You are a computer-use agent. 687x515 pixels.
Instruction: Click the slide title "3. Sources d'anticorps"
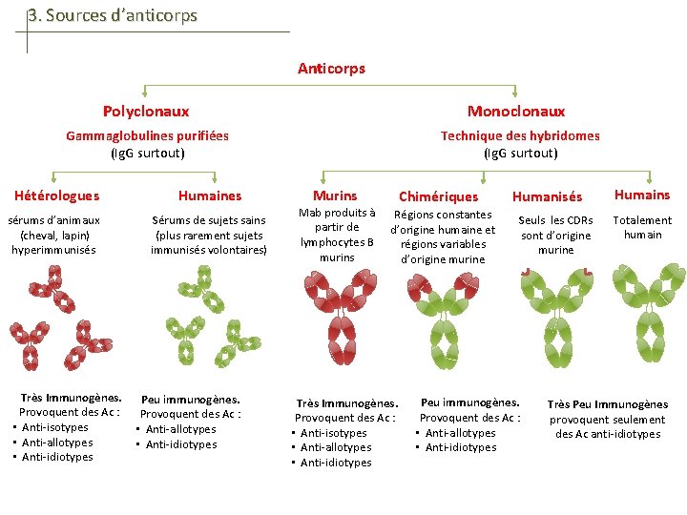(x=113, y=15)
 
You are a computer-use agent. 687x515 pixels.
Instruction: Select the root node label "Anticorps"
(x=331, y=69)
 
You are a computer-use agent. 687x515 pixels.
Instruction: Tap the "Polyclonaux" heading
(x=146, y=112)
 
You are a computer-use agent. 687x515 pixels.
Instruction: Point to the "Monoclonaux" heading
(x=516, y=112)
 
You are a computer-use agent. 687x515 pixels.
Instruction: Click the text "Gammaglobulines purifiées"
(x=147, y=135)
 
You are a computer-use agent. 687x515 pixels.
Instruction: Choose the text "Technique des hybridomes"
(x=520, y=135)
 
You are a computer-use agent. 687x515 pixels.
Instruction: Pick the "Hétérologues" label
(x=57, y=196)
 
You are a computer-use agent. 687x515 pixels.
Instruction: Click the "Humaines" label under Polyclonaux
(x=210, y=196)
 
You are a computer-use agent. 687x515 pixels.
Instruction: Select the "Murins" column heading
(x=335, y=196)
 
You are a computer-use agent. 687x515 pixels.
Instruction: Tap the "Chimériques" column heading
(x=438, y=196)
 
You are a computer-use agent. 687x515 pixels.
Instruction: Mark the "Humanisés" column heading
(x=547, y=196)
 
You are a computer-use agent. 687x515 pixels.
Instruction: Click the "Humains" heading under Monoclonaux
(x=641, y=195)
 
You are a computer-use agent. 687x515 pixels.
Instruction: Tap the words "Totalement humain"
(x=642, y=227)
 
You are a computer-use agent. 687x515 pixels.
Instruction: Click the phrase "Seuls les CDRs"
(x=555, y=220)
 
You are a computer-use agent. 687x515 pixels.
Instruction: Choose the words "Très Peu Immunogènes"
(x=607, y=404)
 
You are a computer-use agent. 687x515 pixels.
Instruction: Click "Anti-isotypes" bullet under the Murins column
(x=335, y=433)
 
